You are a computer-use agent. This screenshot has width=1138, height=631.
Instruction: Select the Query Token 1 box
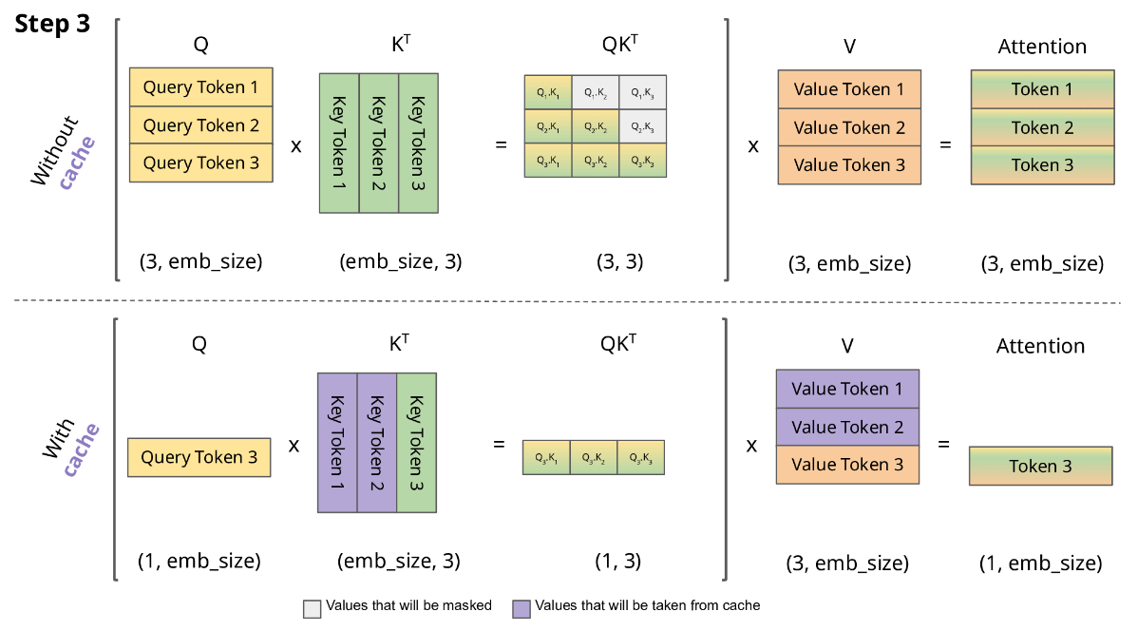point(201,87)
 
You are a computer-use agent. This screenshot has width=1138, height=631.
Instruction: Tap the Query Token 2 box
point(201,125)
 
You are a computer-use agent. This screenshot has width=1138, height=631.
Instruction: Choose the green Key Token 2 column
point(378,142)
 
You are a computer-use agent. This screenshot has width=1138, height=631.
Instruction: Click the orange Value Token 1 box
point(849,89)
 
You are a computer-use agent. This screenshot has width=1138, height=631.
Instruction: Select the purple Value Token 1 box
point(847,389)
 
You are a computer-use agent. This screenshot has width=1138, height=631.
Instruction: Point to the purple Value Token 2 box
point(847,427)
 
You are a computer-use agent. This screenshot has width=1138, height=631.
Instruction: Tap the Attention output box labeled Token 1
point(1042,89)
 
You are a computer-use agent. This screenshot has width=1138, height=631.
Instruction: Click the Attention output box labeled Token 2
point(1042,127)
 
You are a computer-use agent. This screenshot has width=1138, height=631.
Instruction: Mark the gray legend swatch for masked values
point(312,607)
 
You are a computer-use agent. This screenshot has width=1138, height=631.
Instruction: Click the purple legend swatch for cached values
point(522,607)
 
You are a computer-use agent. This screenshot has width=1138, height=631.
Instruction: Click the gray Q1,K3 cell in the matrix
point(642,92)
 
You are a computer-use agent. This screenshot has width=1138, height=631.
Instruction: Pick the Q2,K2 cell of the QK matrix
point(596,125)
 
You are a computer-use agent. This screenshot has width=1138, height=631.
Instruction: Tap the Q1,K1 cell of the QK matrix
point(548,92)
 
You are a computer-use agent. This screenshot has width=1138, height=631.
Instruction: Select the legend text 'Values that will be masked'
point(408,605)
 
